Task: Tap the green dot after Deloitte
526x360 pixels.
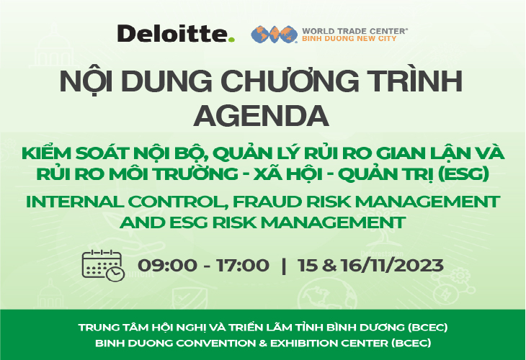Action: click(x=232, y=39)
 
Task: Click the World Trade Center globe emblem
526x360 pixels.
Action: click(x=274, y=34)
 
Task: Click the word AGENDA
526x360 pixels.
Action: click(x=262, y=114)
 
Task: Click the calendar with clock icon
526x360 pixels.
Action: click(x=103, y=264)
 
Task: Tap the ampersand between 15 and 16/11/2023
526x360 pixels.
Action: click(x=331, y=265)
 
